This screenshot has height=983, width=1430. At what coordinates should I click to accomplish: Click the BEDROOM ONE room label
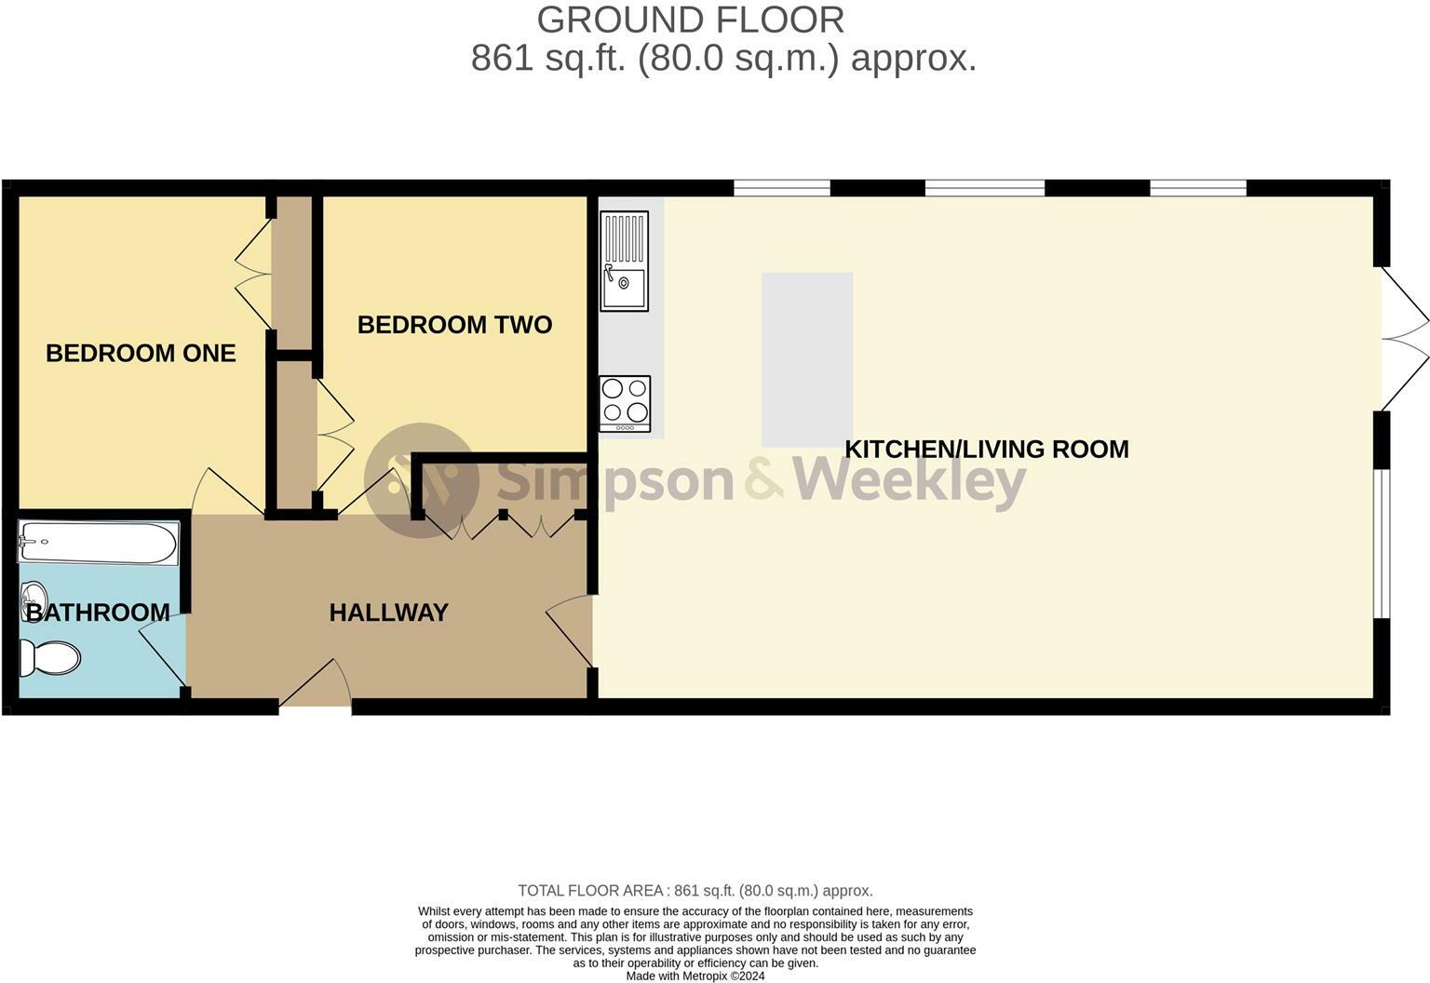(x=141, y=354)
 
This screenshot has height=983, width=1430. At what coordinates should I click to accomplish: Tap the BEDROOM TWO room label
(x=454, y=325)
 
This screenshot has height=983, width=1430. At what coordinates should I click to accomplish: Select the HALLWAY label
(x=388, y=613)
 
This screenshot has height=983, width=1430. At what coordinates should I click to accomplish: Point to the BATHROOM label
(x=98, y=613)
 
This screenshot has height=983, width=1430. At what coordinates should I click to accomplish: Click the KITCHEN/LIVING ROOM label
(x=986, y=450)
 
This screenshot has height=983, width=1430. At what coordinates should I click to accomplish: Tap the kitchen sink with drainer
(x=624, y=261)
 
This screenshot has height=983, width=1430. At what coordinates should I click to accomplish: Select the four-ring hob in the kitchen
(x=625, y=403)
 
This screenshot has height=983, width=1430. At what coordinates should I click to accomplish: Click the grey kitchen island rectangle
(x=807, y=359)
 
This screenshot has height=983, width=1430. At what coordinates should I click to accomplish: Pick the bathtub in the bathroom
(x=98, y=543)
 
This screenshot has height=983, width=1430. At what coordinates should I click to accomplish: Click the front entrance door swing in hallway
(x=317, y=687)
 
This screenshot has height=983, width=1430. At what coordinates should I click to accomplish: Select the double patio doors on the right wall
(x=1403, y=339)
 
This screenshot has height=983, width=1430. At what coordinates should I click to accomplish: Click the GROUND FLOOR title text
(x=690, y=20)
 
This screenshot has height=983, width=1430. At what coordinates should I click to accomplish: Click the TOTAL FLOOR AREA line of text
(x=695, y=891)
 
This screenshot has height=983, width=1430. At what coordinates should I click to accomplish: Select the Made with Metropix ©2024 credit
(x=695, y=976)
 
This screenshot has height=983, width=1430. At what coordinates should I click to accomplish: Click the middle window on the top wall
(x=984, y=188)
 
